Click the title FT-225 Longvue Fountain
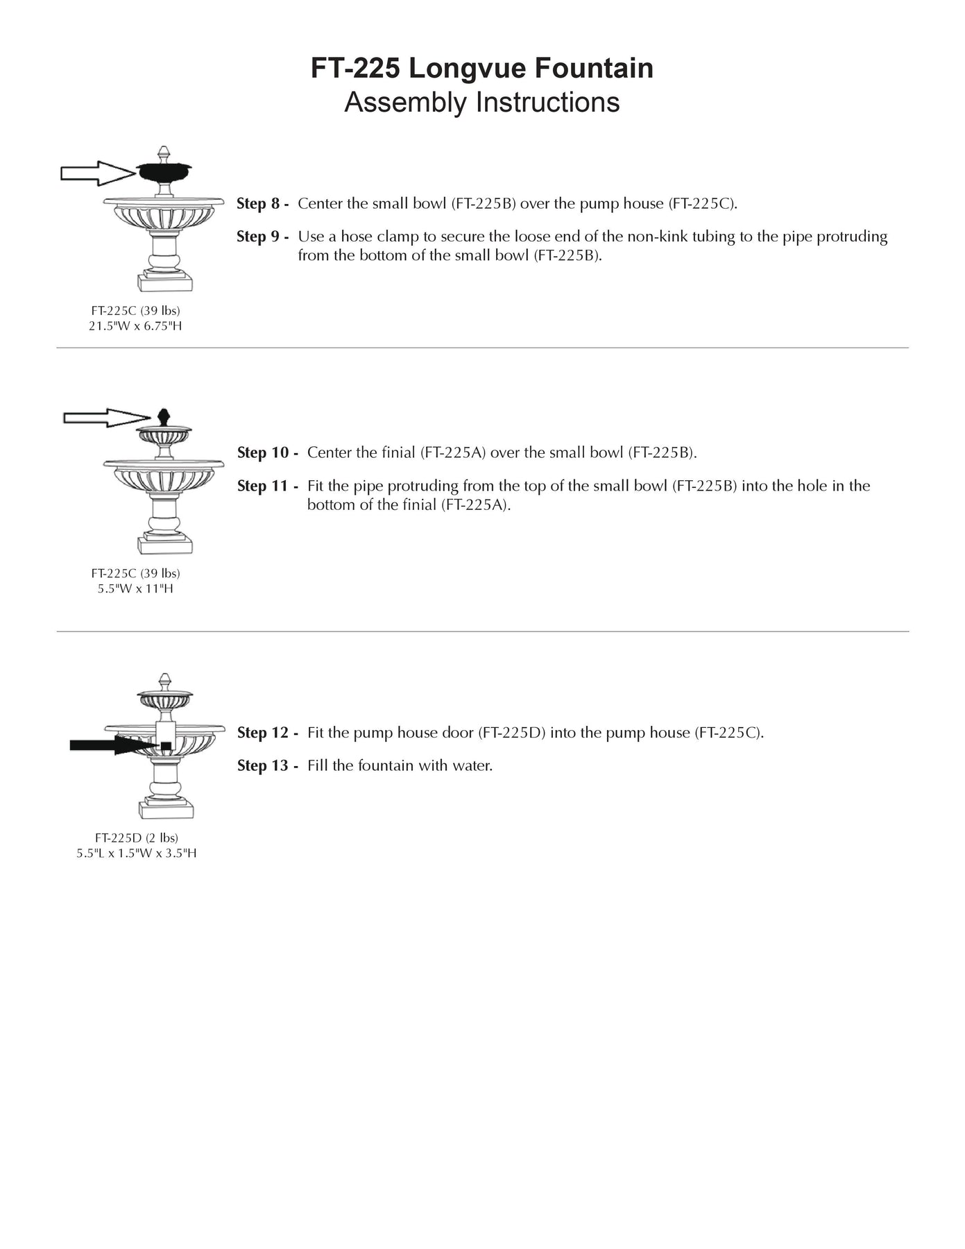pyautogui.click(x=481, y=68)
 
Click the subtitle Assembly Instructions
pyautogui.click(x=481, y=102)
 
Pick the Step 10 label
pyautogui.click(x=267, y=452)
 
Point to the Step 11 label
pyautogui.click(x=267, y=486)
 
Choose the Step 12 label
pyautogui.click(x=267, y=733)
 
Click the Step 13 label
pyautogui.click(x=267, y=766)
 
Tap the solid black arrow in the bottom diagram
pyautogui.click(x=111, y=745)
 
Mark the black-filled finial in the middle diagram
pyautogui.click(x=164, y=417)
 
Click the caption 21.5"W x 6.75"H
pyautogui.click(x=135, y=325)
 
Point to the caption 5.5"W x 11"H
pyautogui.click(x=135, y=588)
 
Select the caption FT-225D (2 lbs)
pyautogui.click(x=137, y=838)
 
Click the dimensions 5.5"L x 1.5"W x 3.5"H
pyautogui.click(x=137, y=853)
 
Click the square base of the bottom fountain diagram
pyautogui.click(x=166, y=810)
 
